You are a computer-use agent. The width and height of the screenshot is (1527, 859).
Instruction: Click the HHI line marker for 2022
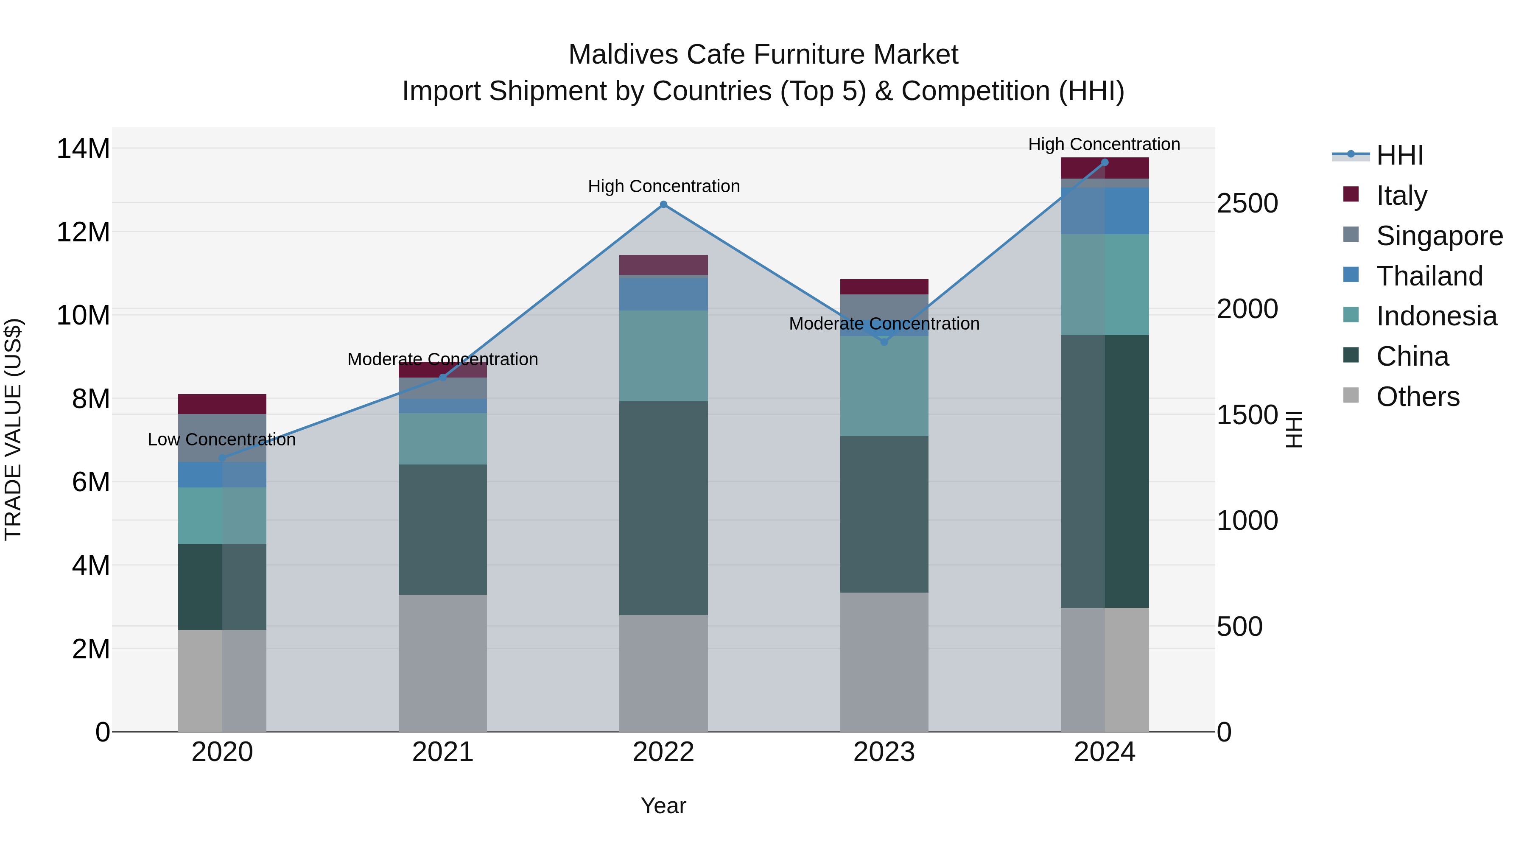pos(663,204)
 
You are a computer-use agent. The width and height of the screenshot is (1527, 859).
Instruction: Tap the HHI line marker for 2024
pos(1105,162)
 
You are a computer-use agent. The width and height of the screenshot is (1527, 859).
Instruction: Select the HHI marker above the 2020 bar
pos(222,458)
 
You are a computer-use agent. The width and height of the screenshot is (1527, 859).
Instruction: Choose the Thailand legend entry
pos(1429,276)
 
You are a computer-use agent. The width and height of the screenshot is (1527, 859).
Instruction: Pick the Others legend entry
pos(1417,397)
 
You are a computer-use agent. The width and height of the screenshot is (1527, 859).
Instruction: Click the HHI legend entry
pos(1399,155)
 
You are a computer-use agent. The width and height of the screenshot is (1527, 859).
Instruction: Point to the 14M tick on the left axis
pos(83,148)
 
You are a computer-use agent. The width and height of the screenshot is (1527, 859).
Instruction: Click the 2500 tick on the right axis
pos(1247,203)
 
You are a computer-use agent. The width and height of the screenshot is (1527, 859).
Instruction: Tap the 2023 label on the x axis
pos(884,752)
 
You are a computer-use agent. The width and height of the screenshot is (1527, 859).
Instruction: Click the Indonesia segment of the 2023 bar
pos(884,386)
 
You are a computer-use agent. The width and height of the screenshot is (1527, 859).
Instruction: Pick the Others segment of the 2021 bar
pos(443,663)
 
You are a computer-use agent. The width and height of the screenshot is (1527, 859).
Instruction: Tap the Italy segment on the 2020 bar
pos(222,404)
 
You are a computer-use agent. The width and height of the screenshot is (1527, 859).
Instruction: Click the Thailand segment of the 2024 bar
pos(1105,210)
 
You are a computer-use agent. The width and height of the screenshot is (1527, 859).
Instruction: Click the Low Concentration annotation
pos(222,440)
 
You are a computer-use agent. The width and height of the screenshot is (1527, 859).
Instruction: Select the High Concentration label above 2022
pos(663,186)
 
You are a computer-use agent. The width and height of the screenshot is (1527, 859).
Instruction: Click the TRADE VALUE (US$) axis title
pos(13,429)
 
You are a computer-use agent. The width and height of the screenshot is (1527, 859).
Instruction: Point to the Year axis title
pos(663,806)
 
